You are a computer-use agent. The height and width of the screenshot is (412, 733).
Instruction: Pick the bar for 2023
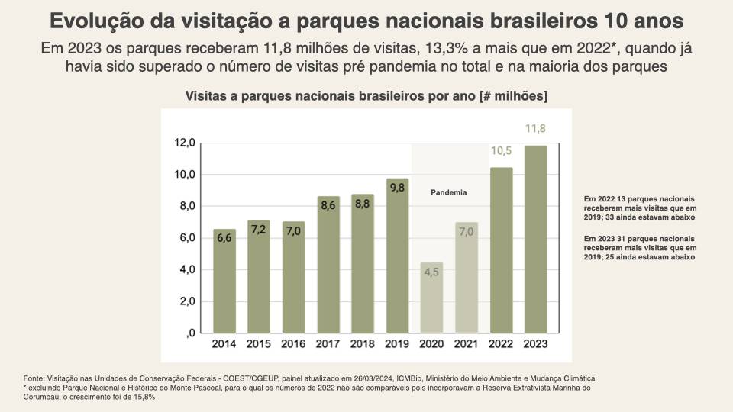click(535, 240)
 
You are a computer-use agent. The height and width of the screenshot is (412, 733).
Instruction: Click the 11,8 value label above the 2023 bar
click(535, 128)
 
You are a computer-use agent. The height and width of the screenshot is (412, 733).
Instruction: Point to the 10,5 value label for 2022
click(501, 151)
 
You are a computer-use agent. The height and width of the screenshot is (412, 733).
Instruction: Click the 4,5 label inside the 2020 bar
click(431, 292)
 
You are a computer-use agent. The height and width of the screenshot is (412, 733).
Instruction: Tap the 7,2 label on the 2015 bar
click(259, 230)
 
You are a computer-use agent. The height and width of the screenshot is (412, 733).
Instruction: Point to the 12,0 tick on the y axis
click(186, 143)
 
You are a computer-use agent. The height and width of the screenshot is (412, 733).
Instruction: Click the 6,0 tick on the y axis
click(187, 238)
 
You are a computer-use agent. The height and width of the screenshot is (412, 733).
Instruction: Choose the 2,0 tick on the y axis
click(187, 301)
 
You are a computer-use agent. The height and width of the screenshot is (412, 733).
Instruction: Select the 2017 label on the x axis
click(328, 343)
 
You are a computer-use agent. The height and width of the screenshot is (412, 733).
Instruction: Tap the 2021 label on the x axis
click(466, 343)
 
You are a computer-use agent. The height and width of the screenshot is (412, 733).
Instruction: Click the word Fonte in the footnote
click(34, 378)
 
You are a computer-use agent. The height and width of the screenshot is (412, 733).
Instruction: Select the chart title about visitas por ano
click(366, 96)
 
